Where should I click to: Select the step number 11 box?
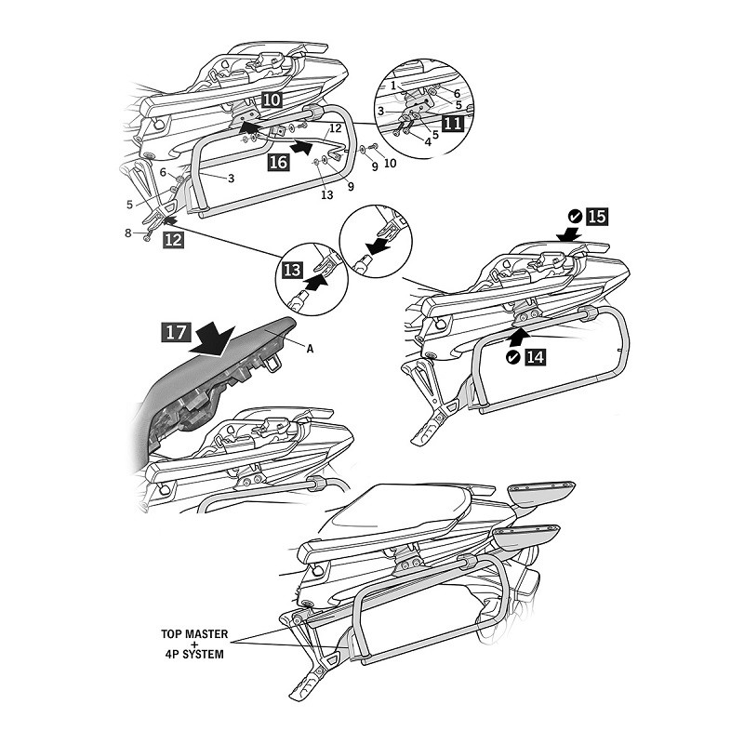pos(454,121)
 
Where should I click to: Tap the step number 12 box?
pos(172,239)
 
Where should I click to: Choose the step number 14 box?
pos(537,356)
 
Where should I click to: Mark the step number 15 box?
pos(596,217)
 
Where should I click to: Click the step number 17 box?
pos(177,331)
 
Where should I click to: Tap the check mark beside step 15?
pos(575,217)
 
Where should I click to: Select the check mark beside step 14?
pos(514,356)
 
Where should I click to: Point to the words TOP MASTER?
pos(193,633)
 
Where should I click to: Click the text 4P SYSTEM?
pos(193,654)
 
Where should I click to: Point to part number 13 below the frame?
pos(326,193)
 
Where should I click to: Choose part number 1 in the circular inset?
pos(393,84)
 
